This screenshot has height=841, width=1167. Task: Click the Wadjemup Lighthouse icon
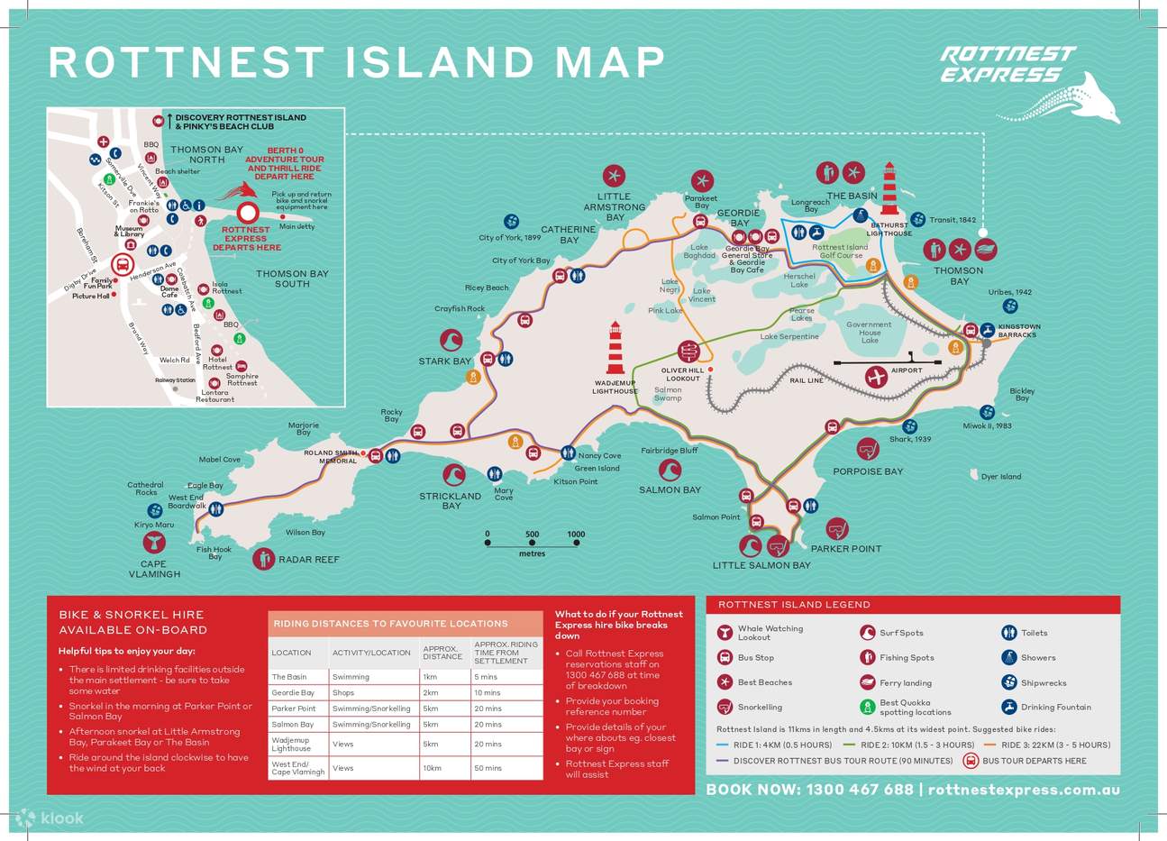click(615, 348)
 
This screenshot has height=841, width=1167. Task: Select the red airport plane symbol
click(875, 377)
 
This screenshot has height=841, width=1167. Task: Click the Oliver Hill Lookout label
click(682, 374)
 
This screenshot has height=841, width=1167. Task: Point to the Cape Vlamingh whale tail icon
click(153, 543)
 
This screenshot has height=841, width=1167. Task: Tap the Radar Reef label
click(308, 560)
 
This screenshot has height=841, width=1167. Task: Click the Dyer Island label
click(1000, 477)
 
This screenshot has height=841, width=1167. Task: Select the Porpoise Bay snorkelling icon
click(867, 448)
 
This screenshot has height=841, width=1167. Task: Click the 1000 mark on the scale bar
click(576, 535)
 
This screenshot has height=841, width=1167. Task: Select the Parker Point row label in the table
click(294, 708)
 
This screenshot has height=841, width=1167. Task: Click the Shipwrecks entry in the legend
click(1043, 683)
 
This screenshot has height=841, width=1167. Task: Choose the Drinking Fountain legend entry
click(1055, 708)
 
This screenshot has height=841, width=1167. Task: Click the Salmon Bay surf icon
click(670, 470)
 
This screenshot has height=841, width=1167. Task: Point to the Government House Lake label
click(869, 332)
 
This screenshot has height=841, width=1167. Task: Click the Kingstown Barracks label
click(1018, 331)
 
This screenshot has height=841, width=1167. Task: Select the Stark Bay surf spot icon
click(451, 340)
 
